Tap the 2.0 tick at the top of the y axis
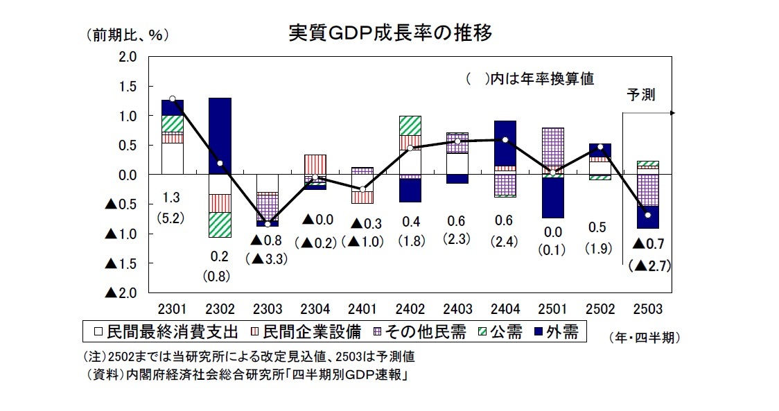pos(128,56)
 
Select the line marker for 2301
pos(172,99)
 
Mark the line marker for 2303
pos(268,224)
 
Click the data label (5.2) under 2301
pos(172,218)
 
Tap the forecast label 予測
pos(641,95)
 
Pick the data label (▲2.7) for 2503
pos(647,265)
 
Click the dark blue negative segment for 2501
pos(552,198)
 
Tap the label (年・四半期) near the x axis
pos(644,338)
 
